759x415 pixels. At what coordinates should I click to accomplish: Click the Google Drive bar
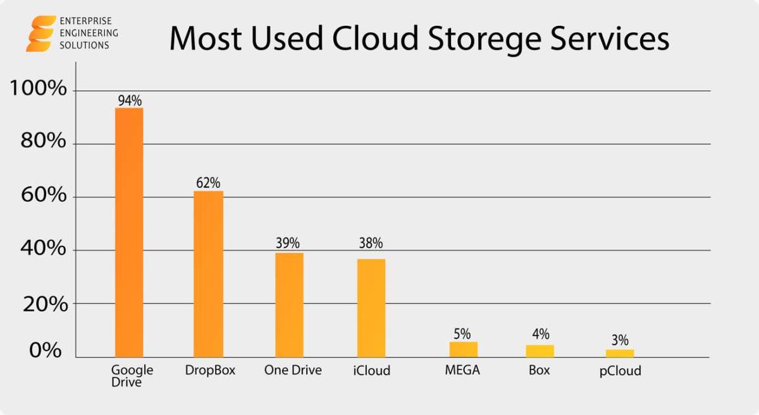(x=129, y=232)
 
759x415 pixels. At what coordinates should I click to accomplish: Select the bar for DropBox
(x=208, y=274)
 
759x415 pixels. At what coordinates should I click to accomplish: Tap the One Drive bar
(x=289, y=305)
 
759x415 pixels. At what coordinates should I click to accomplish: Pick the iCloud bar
(x=371, y=308)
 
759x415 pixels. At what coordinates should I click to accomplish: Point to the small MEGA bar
(x=464, y=349)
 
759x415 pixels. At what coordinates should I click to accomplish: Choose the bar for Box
(x=540, y=351)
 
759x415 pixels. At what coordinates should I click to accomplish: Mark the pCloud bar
(x=620, y=353)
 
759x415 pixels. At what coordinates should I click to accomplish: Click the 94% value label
(x=130, y=100)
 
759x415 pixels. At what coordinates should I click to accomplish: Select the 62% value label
(x=208, y=183)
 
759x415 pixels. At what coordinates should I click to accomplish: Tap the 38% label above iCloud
(x=371, y=243)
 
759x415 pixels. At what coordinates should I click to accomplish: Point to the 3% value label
(x=620, y=341)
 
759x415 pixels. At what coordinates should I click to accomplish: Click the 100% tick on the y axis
(x=39, y=88)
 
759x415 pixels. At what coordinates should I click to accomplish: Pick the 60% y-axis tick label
(x=44, y=195)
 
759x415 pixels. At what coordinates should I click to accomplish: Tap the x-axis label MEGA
(x=462, y=371)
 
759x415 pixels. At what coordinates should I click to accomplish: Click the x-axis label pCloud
(x=620, y=371)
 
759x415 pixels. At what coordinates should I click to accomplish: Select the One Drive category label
(x=293, y=371)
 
